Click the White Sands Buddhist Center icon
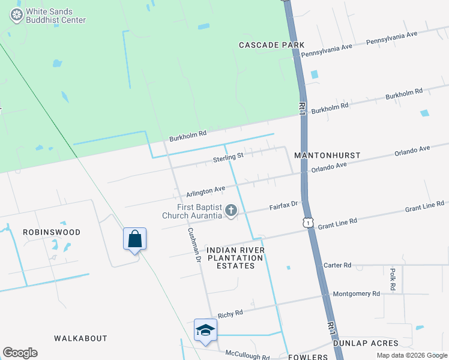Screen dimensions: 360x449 pos(17,16)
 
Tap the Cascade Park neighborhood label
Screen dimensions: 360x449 pos(272,45)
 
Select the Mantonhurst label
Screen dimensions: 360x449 pos(327,155)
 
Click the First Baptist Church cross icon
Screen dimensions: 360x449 pos(231,210)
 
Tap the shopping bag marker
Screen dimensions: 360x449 pos(135,239)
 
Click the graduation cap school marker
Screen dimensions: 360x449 pos(205,330)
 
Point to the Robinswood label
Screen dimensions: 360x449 pos(52,232)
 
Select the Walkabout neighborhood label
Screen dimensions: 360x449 pos(80,338)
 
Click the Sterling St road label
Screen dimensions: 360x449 pos(228,158)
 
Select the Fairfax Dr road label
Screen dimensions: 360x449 pos(283,206)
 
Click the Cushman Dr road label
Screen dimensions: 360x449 pos(193,245)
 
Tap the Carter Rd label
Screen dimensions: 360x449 pos(337,265)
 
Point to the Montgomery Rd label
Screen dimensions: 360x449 pos(357,294)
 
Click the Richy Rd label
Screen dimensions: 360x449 pos(231,313)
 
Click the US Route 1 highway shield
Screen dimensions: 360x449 pos(309,223)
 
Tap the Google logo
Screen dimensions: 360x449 pos(20,353)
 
